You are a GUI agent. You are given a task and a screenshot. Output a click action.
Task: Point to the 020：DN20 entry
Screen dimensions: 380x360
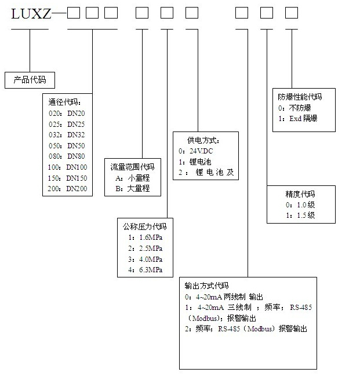[67, 114]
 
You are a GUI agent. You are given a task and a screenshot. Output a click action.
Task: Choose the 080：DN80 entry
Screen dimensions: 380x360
[67, 156]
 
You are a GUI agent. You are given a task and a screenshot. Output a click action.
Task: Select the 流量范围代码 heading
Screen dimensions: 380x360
[132, 167]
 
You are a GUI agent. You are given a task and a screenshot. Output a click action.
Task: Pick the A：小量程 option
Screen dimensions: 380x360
[133, 178]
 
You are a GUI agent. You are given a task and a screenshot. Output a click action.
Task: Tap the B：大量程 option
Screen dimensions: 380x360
[133, 189]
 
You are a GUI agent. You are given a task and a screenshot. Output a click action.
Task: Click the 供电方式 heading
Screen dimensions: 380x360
[203, 140]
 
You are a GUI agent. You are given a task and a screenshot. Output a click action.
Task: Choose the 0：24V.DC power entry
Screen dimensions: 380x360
[197, 151]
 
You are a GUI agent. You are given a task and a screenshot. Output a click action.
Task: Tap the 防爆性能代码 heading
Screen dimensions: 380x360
[299, 97]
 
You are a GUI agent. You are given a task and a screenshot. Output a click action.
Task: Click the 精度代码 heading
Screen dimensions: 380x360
[300, 193]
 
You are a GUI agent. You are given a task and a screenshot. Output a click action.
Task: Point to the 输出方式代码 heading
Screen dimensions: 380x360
[206, 285]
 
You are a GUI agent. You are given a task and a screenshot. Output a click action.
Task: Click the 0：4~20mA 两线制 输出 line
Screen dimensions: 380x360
[227, 296]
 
